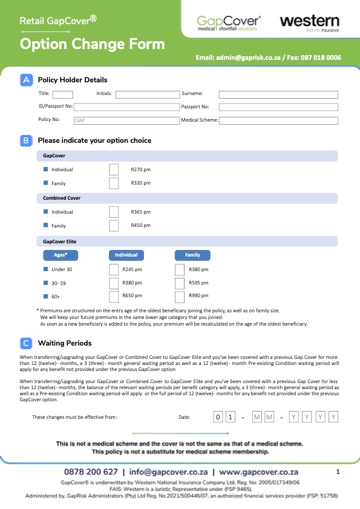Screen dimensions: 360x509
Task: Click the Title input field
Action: pos(63,94)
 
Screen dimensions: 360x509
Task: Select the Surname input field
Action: pos(278,94)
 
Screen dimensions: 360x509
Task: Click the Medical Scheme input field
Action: pos(278,120)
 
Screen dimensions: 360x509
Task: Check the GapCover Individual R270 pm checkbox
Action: pos(114,169)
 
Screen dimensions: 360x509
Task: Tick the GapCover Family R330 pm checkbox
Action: pos(114,183)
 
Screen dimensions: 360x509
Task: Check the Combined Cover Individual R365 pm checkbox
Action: pos(114,212)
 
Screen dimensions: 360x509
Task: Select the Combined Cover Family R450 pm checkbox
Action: pos(114,226)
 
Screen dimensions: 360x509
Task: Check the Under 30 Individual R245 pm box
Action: pos(114,269)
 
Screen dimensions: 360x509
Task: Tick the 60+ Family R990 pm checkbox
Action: pos(180,297)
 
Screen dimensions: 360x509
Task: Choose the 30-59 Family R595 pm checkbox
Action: pos(180,283)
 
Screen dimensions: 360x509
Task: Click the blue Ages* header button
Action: pos(61,255)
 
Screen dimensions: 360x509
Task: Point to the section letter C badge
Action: pos(25,343)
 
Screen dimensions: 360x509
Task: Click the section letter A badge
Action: pos(25,80)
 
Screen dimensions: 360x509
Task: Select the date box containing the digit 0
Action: pos(218,417)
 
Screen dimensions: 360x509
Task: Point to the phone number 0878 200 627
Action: pos(91,471)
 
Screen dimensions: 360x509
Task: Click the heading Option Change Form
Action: pos(92,44)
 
